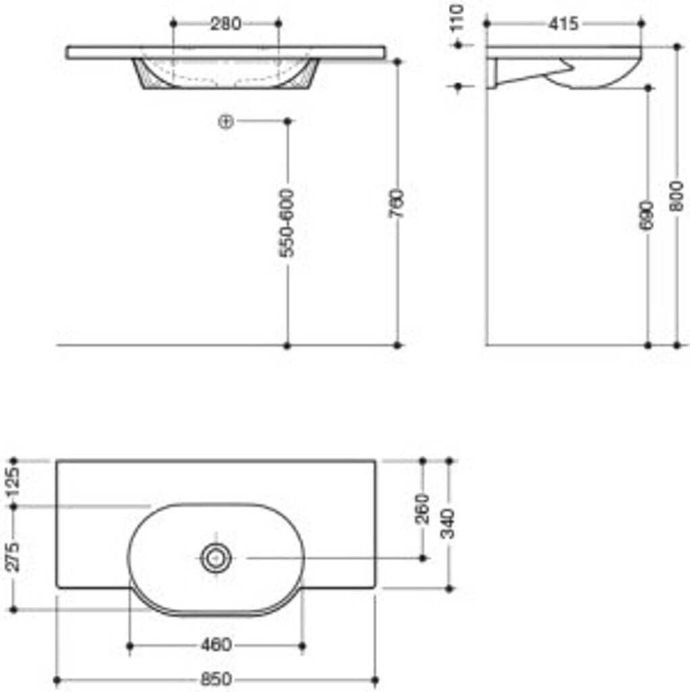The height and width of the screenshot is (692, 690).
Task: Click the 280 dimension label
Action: (226, 24)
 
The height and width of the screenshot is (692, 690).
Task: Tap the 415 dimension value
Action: (564, 24)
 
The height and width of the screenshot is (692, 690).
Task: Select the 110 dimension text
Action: (458, 17)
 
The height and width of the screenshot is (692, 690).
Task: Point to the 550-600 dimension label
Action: (287, 223)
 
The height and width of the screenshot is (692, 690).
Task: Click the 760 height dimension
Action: (397, 203)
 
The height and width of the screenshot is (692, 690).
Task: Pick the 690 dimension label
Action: (647, 216)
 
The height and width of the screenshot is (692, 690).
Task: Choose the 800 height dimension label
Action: (676, 196)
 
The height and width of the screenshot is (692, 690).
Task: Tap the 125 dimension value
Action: (14, 483)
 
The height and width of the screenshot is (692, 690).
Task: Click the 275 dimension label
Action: (14, 557)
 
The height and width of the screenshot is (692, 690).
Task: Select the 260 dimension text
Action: (422, 509)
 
